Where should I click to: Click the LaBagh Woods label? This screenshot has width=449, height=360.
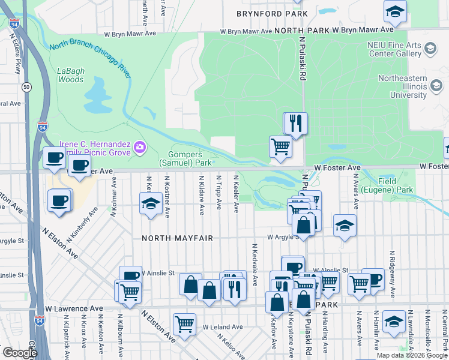(70, 75)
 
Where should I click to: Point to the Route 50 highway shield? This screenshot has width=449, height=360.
(26, 87)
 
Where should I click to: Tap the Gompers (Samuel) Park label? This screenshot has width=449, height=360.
(185, 158)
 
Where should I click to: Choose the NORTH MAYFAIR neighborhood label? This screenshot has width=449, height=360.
(177, 238)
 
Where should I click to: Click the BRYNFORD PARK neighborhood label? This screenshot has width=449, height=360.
(267, 13)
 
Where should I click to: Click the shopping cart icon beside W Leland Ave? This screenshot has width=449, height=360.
(184, 324)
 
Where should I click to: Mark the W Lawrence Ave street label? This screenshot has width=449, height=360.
(74, 308)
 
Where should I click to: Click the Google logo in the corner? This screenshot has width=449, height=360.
(20, 353)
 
